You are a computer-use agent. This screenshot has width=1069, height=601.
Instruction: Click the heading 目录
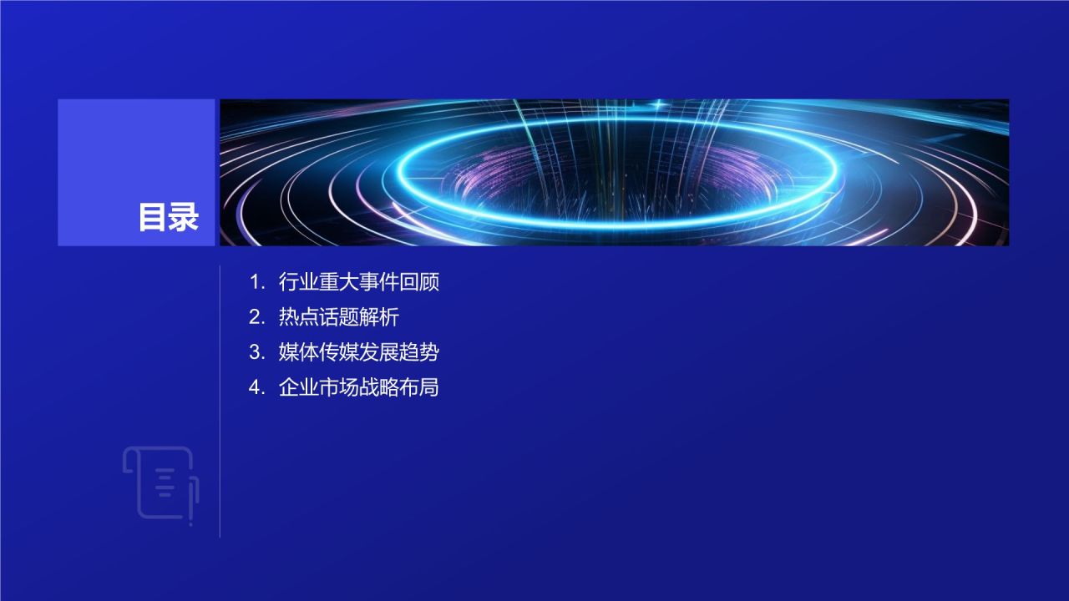(x=169, y=218)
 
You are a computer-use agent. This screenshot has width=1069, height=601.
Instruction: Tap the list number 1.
(x=256, y=282)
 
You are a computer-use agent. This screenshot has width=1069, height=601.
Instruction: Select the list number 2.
(x=256, y=317)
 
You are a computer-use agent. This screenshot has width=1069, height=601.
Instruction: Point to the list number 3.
(x=256, y=352)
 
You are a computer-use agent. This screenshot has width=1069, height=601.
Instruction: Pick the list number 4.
(x=256, y=387)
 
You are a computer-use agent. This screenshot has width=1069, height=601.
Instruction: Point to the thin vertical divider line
(x=220, y=401)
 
